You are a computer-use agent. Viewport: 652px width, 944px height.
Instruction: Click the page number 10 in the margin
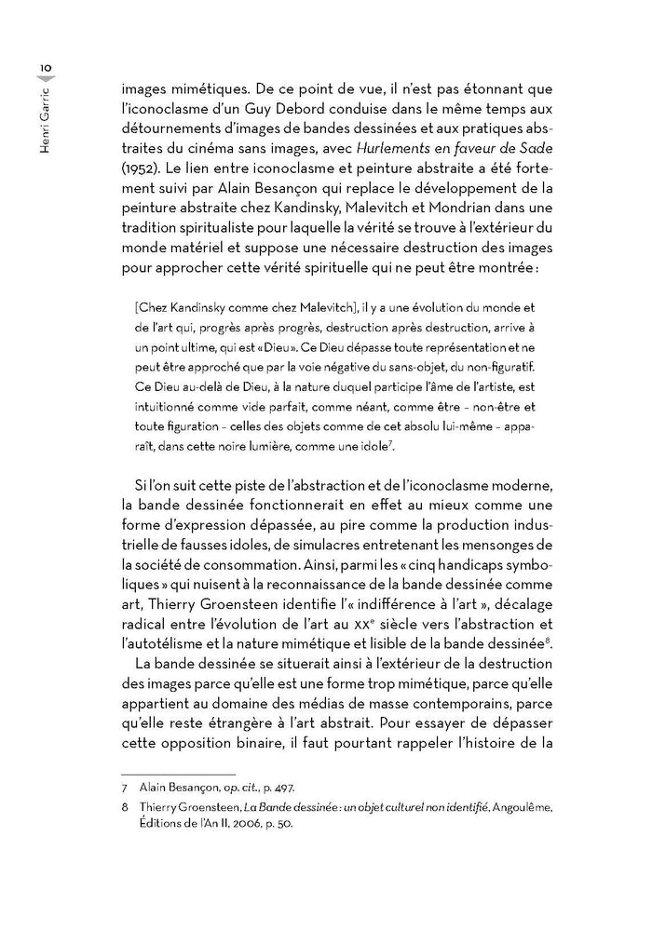(44, 66)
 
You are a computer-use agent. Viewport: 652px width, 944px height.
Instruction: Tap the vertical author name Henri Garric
(44, 113)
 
